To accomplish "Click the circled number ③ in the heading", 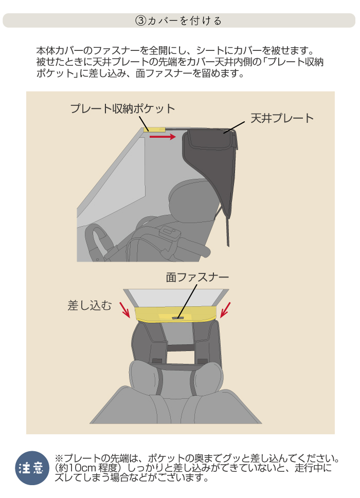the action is point(141,21).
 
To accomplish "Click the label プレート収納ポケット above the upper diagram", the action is point(122,108).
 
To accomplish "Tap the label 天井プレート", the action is point(282,118).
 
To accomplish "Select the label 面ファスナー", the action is point(197,278).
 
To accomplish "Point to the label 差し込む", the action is point(89,306).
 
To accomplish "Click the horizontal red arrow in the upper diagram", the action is point(163,137).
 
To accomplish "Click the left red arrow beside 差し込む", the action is point(125,310).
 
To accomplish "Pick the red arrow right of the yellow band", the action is point(225,310).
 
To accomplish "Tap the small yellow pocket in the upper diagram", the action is point(154,130).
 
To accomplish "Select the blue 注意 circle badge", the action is point(32,468).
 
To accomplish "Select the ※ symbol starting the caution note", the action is point(59,458).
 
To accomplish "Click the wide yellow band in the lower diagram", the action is point(176,314).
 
